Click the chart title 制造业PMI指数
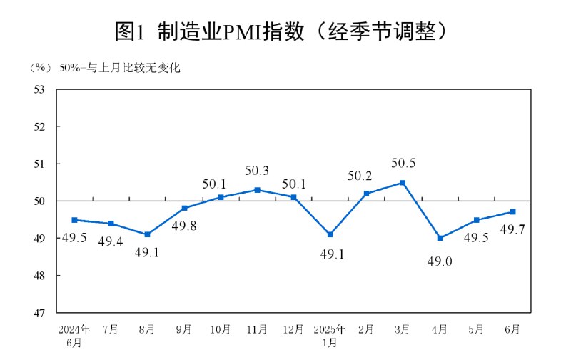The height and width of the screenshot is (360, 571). (x=285, y=31)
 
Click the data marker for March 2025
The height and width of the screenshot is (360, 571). (x=403, y=183)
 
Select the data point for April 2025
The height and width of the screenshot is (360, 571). (x=440, y=238)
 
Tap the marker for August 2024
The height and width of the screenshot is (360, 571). (x=147, y=234)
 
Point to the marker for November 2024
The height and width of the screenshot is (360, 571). (x=257, y=190)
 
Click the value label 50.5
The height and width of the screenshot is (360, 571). (x=403, y=164)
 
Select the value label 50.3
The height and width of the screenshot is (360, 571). (x=257, y=171)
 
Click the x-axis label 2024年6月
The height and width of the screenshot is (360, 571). (x=74, y=335)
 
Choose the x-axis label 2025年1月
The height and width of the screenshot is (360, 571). (x=330, y=335)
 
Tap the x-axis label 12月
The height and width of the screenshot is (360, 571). (x=293, y=329)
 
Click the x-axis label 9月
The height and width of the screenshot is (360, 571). (x=184, y=329)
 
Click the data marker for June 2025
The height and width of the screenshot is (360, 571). (x=512, y=211)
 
